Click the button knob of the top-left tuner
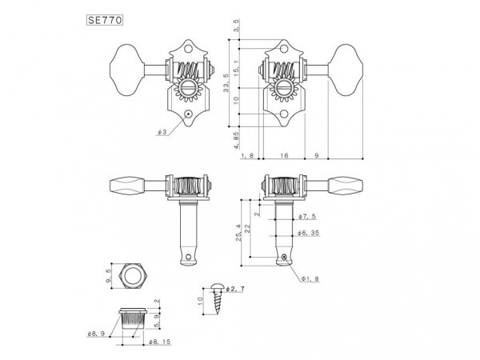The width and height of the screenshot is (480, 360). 124,62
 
